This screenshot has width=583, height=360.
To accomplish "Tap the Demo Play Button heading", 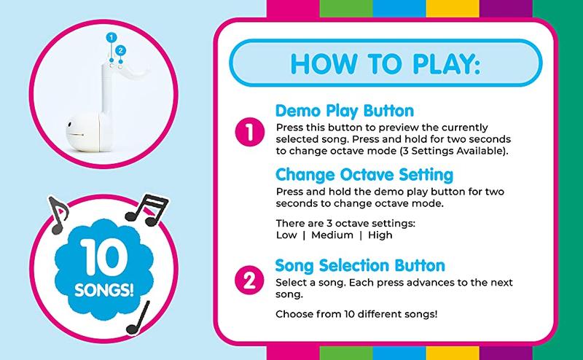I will pos(345,111).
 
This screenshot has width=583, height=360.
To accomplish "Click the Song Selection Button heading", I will pos(361,265).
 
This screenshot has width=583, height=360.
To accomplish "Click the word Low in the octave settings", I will pos(289,235).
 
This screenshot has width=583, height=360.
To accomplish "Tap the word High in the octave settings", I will pos(379,235).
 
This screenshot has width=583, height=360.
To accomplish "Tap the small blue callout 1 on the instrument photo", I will pos(111,36).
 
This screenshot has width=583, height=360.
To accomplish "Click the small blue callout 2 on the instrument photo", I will pos(121,50).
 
